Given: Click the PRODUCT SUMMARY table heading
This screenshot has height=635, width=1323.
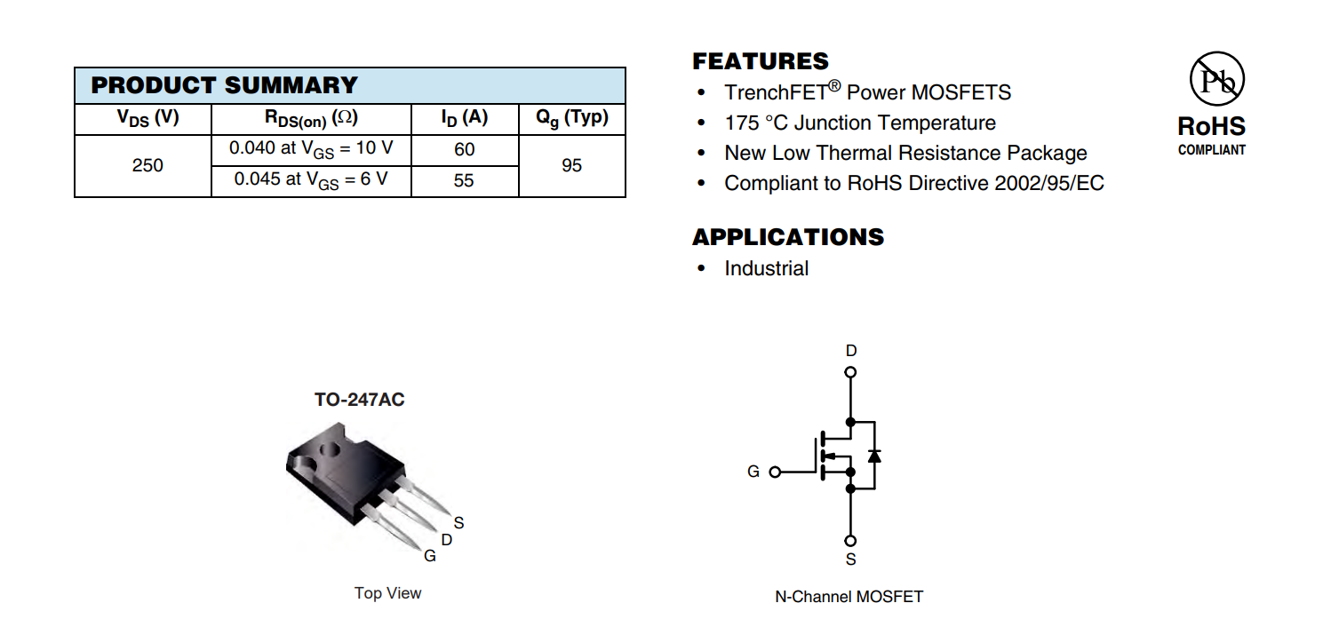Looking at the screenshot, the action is coord(225,85).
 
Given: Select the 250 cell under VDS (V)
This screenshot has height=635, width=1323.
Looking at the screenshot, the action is coord(147,165).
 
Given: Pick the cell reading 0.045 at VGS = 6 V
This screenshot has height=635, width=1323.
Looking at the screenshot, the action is coord(311,180).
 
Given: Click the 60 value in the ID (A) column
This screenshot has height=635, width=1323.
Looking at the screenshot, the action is coord(464,149).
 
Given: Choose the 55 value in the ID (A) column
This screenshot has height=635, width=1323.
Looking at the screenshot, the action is coord(464,180).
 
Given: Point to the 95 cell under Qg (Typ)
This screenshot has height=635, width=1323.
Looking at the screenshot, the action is coord(571,165).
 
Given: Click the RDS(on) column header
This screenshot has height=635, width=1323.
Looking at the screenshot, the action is coord(311,119).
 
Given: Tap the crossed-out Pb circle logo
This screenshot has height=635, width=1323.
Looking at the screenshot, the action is coord(1216,78).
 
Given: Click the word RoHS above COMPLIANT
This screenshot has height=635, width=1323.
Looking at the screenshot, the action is coord(1211,126).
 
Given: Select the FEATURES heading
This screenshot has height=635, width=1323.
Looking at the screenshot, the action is coord(761,61).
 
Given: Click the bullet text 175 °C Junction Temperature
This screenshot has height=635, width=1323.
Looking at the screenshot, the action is coord(860,123).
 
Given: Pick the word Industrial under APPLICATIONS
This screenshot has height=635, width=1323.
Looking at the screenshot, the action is coord(767,268).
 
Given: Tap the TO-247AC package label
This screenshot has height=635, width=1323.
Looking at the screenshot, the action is coord(359,400).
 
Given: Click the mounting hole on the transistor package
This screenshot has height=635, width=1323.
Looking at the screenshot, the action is coord(330,450).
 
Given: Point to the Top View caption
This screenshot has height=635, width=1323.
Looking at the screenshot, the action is coord(387,593).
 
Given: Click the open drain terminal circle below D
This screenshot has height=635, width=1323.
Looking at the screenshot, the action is coord(850,372).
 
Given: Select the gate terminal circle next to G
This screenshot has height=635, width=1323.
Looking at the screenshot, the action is coord(776,472).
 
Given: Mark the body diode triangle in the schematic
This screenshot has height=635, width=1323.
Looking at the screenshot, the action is coord(874,456).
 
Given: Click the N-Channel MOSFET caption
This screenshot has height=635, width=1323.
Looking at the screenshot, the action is coord(849,597).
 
